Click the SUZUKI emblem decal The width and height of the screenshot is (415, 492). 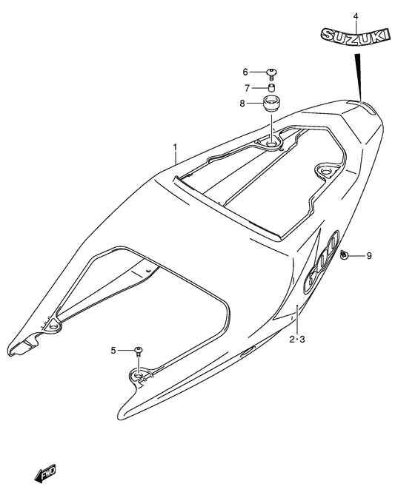(x=356, y=36)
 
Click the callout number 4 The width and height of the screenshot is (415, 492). (x=356, y=16)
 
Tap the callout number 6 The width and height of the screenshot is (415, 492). (x=245, y=73)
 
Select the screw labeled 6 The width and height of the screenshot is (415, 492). (x=272, y=74)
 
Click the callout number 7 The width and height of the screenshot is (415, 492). (x=247, y=89)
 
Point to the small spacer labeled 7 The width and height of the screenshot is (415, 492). (x=272, y=87)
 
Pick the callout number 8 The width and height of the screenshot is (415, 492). (x=242, y=104)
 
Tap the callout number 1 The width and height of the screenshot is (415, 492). (x=175, y=147)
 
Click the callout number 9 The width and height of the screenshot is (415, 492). (x=369, y=256)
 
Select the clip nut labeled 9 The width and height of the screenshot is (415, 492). (x=345, y=255)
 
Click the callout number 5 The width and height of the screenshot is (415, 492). (x=113, y=350)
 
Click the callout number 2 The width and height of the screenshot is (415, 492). (x=292, y=339)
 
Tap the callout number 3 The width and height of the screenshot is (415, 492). (x=302, y=339)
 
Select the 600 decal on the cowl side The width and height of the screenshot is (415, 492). (x=322, y=262)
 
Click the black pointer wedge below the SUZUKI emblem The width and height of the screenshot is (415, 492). (x=358, y=78)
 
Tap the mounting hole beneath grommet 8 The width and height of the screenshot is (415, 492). (x=270, y=144)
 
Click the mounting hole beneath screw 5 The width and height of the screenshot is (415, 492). (x=139, y=375)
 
